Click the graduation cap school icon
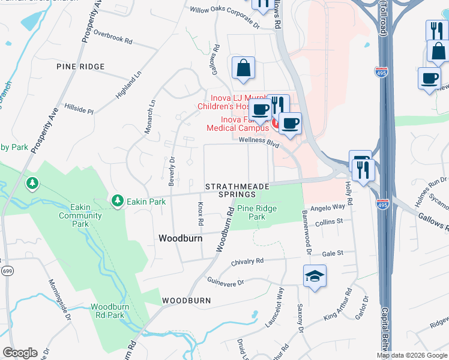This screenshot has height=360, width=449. pos(315,277)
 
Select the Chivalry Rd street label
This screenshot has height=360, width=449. pos(248,262)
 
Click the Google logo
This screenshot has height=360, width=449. pos(20,353)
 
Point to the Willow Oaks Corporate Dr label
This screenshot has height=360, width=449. pos(224,10)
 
